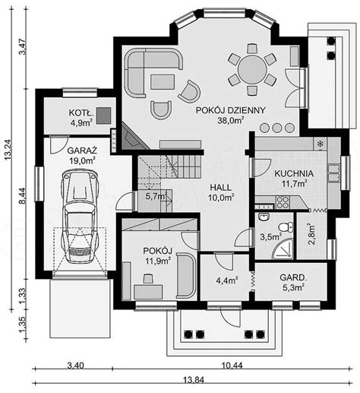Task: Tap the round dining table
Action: tap(252, 69)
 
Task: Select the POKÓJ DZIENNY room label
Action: tap(231, 110)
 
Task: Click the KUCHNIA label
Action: tap(294, 173)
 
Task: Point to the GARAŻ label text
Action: tap(82, 151)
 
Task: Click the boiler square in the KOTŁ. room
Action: tap(103, 116)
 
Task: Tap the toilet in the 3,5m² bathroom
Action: tap(286, 227)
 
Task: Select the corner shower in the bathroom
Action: tap(283, 249)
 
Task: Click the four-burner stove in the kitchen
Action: tap(283, 202)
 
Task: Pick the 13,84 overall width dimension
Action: tap(194, 380)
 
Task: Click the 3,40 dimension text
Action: tap(75, 366)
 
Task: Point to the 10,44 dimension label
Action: tap(232, 366)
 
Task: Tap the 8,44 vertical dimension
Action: tap(23, 195)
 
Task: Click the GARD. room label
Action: tap(293, 277)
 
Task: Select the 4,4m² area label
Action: tap(226, 280)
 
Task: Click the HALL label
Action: tap(221, 188)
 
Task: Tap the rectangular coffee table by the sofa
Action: tap(163, 82)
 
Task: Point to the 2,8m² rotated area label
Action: tap(311, 233)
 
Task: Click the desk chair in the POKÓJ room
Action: tap(148, 278)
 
